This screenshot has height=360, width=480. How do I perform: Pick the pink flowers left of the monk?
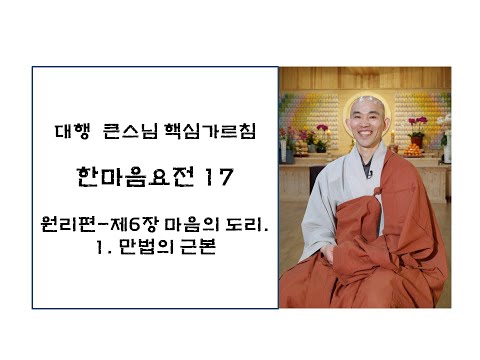tap(318, 132)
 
